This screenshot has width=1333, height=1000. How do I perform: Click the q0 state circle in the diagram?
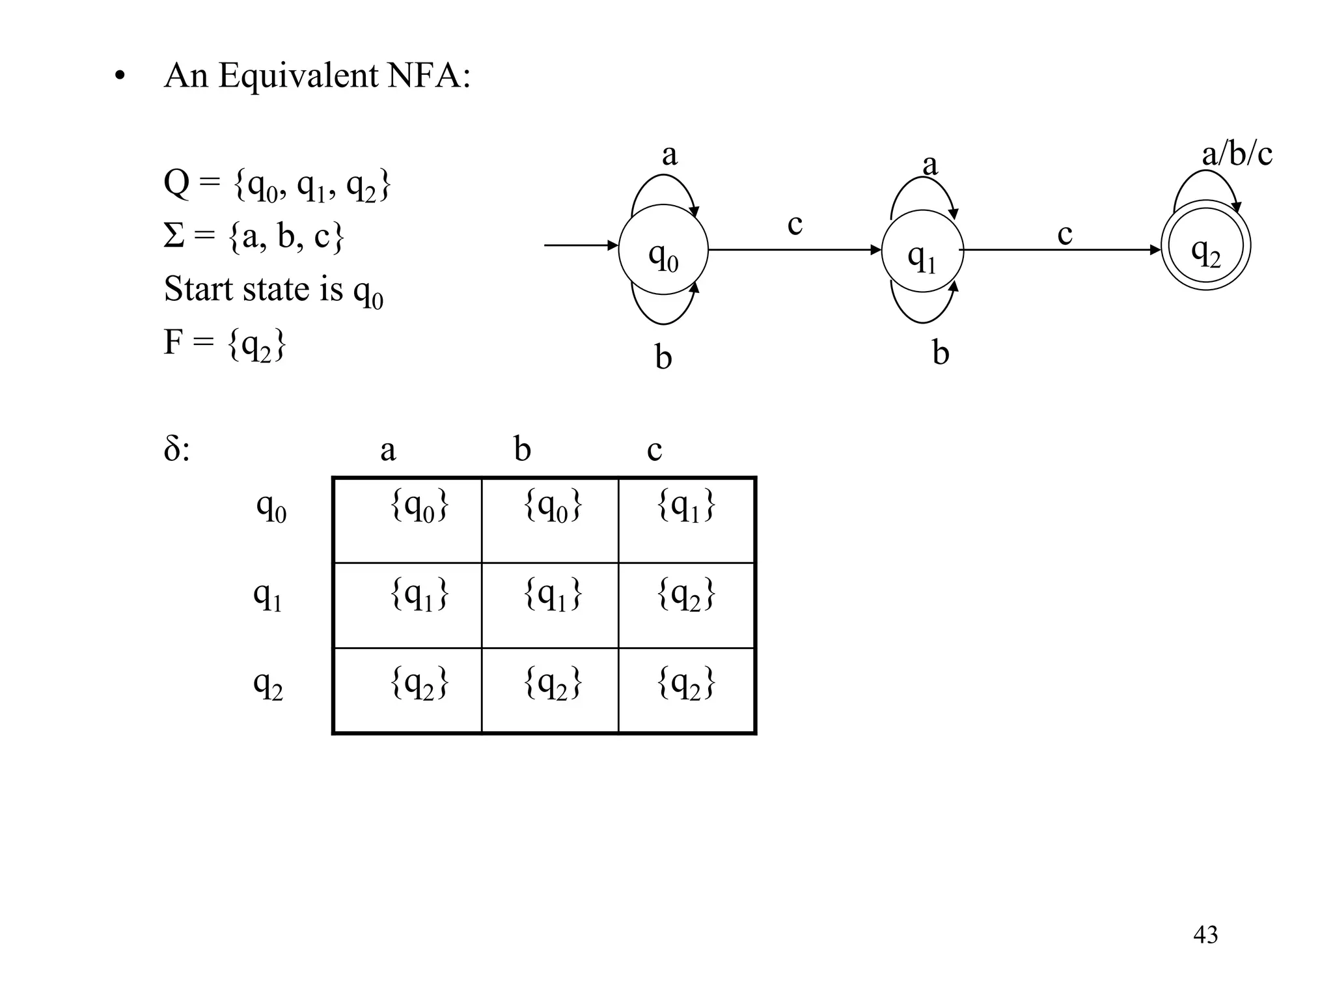point(663,250)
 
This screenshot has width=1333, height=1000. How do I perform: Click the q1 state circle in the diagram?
point(922,251)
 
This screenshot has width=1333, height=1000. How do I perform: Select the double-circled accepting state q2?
point(1205,246)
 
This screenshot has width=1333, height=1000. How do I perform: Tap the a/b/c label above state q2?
point(1237,155)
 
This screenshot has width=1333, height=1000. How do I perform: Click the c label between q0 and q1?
point(795,225)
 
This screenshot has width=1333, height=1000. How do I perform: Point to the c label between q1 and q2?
point(1065,234)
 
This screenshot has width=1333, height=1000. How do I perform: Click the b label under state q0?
point(663,357)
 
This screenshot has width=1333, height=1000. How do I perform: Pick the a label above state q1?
point(930,164)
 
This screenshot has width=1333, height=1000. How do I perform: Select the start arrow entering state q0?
point(579,245)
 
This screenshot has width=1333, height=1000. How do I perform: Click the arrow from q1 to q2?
point(1061,250)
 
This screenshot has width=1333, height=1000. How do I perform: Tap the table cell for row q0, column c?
point(686,520)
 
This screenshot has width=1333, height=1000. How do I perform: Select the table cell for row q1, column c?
point(686,605)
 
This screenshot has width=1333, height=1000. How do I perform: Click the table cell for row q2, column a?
point(407,691)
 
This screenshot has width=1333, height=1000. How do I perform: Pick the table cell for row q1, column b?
point(550,605)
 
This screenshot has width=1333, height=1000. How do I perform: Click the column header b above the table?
point(522,449)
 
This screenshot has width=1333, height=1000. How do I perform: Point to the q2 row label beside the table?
point(268,684)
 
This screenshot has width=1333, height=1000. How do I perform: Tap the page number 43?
point(1205,935)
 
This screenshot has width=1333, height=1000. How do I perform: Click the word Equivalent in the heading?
point(298,76)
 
